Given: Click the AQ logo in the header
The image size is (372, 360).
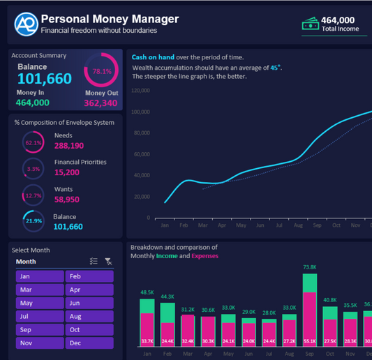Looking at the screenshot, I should [26, 24].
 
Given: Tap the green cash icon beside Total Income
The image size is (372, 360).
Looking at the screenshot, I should [311, 25].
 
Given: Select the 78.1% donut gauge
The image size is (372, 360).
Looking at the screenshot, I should [102, 71].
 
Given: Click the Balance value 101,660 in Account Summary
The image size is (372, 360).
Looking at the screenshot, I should [44, 79].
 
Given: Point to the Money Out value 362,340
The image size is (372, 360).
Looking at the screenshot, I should [101, 103].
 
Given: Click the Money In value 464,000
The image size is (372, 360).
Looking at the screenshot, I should [32, 103].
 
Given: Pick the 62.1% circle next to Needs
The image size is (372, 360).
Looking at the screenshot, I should [33, 142].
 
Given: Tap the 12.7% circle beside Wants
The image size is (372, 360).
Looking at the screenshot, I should [33, 196].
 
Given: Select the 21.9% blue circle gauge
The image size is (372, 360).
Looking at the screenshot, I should [33, 221].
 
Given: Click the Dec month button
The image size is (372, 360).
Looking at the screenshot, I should [89, 343].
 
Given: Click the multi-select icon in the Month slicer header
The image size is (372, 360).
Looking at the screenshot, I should [94, 262].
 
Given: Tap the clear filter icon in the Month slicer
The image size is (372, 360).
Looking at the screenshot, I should [108, 262].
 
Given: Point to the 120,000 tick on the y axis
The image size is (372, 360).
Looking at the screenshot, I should [140, 91].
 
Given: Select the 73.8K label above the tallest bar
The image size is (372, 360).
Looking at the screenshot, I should [311, 267].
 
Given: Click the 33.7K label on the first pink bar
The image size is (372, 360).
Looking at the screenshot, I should [147, 341].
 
